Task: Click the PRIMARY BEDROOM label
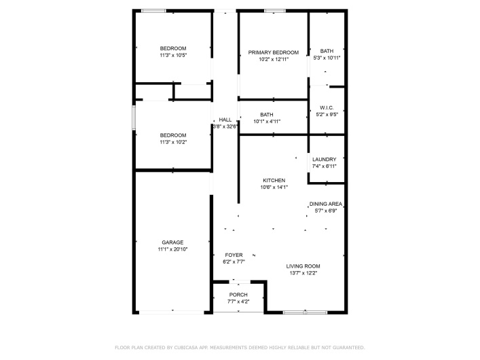pos(273,52)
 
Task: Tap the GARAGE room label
pos(173,242)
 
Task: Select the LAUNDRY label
pos(324,160)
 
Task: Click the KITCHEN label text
pos(274,181)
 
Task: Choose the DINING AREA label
pos(325,204)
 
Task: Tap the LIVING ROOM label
pos(303,266)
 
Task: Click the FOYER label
pos(233,255)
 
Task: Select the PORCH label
pos(238,295)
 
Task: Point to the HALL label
pos(225,120)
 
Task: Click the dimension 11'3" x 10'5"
pos(172,56)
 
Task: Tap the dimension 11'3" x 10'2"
pos(172,143)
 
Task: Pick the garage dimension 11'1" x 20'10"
pos(173,250)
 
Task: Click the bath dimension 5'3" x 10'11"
pos(327,58)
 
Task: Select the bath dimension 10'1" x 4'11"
pos(266,122)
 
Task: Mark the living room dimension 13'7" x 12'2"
pos(303,273)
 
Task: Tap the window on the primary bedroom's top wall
pos(274,10)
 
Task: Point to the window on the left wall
pos(134,115)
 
